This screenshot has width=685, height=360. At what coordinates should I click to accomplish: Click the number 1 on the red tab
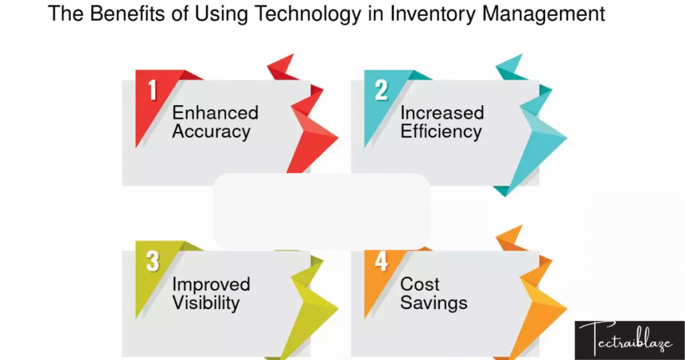click(153, 90)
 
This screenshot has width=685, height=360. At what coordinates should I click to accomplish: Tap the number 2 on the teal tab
click(381, 90)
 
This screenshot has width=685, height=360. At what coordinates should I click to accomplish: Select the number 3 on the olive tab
click(153, 261)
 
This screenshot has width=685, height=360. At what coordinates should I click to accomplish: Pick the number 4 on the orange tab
click(381, 261)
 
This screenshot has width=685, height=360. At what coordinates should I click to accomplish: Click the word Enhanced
click(215, 112)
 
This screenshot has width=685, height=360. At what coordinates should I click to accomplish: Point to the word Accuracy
click(211, 132)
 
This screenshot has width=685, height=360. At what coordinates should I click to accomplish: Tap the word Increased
click(442, 112)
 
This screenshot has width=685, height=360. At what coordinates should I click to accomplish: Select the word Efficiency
click(441, 132)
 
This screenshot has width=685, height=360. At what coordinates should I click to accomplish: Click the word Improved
click(211, 284)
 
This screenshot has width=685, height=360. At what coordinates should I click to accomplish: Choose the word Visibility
click(206, 302)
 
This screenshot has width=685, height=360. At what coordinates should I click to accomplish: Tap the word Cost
click(420, 284)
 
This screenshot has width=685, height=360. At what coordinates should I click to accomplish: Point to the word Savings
click(433, 303)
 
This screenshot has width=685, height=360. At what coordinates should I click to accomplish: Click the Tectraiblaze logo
click(629, 341)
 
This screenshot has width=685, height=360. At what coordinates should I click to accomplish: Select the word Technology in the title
click(308, 13)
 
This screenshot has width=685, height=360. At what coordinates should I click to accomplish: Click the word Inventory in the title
click(433, 13)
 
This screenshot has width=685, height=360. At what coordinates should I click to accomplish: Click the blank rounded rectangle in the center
click(322, 211)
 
